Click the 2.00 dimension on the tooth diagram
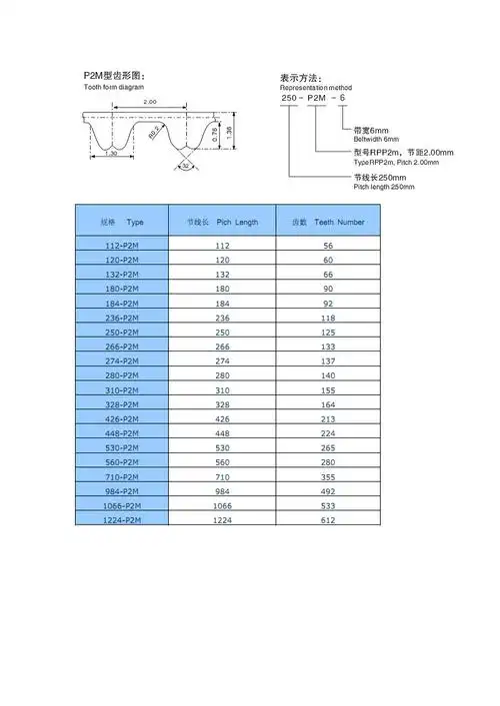pyautogui.click(x=150, y=103)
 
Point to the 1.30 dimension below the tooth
pyautogui.click(x=111, y=154)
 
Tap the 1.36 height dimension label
pyautogui.click(x=229, y=130)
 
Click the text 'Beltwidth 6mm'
pyautogui.click(x=377, y=138)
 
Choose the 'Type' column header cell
pyautogui.click(x=122, y=222)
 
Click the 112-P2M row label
pyautogui.click(x=122, y=246)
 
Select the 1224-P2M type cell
pyautogui.click(x=122, y=520)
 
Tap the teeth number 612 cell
pyautogui.click(x=328, y=520)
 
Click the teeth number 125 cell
pyautogui.click(x=328, y=333)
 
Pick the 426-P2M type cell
pyautogui.click(x=122, y=419)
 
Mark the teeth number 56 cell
pyautogui.click(x=328, y=246)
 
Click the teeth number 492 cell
pyautogui.click(x=328, y=491)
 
